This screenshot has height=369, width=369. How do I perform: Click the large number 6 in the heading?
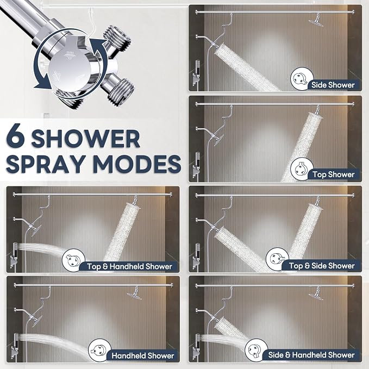(x=16, y=136)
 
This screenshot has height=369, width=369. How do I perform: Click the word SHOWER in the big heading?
(x=86, y=139)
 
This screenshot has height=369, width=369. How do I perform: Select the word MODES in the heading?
(x=137, y=164)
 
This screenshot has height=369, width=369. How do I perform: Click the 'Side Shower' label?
(x=333, y=85)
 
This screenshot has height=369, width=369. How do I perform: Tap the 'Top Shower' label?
(x=334, y=174)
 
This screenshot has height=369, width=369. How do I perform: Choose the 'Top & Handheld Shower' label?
(x=130, y=266)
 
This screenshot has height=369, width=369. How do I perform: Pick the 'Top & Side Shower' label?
(x=322, y=266)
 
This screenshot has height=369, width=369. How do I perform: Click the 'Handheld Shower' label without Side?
(x=143, y=355)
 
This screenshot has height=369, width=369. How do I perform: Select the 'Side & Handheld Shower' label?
(x=311, y=355)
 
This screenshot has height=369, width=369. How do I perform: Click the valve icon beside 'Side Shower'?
(x=302, y=79)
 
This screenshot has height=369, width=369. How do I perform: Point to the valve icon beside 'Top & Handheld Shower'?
(x=73, y=260)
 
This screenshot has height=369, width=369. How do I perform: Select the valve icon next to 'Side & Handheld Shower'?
(x=257, y=350)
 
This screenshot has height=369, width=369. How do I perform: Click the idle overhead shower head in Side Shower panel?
(x=316, y=22)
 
